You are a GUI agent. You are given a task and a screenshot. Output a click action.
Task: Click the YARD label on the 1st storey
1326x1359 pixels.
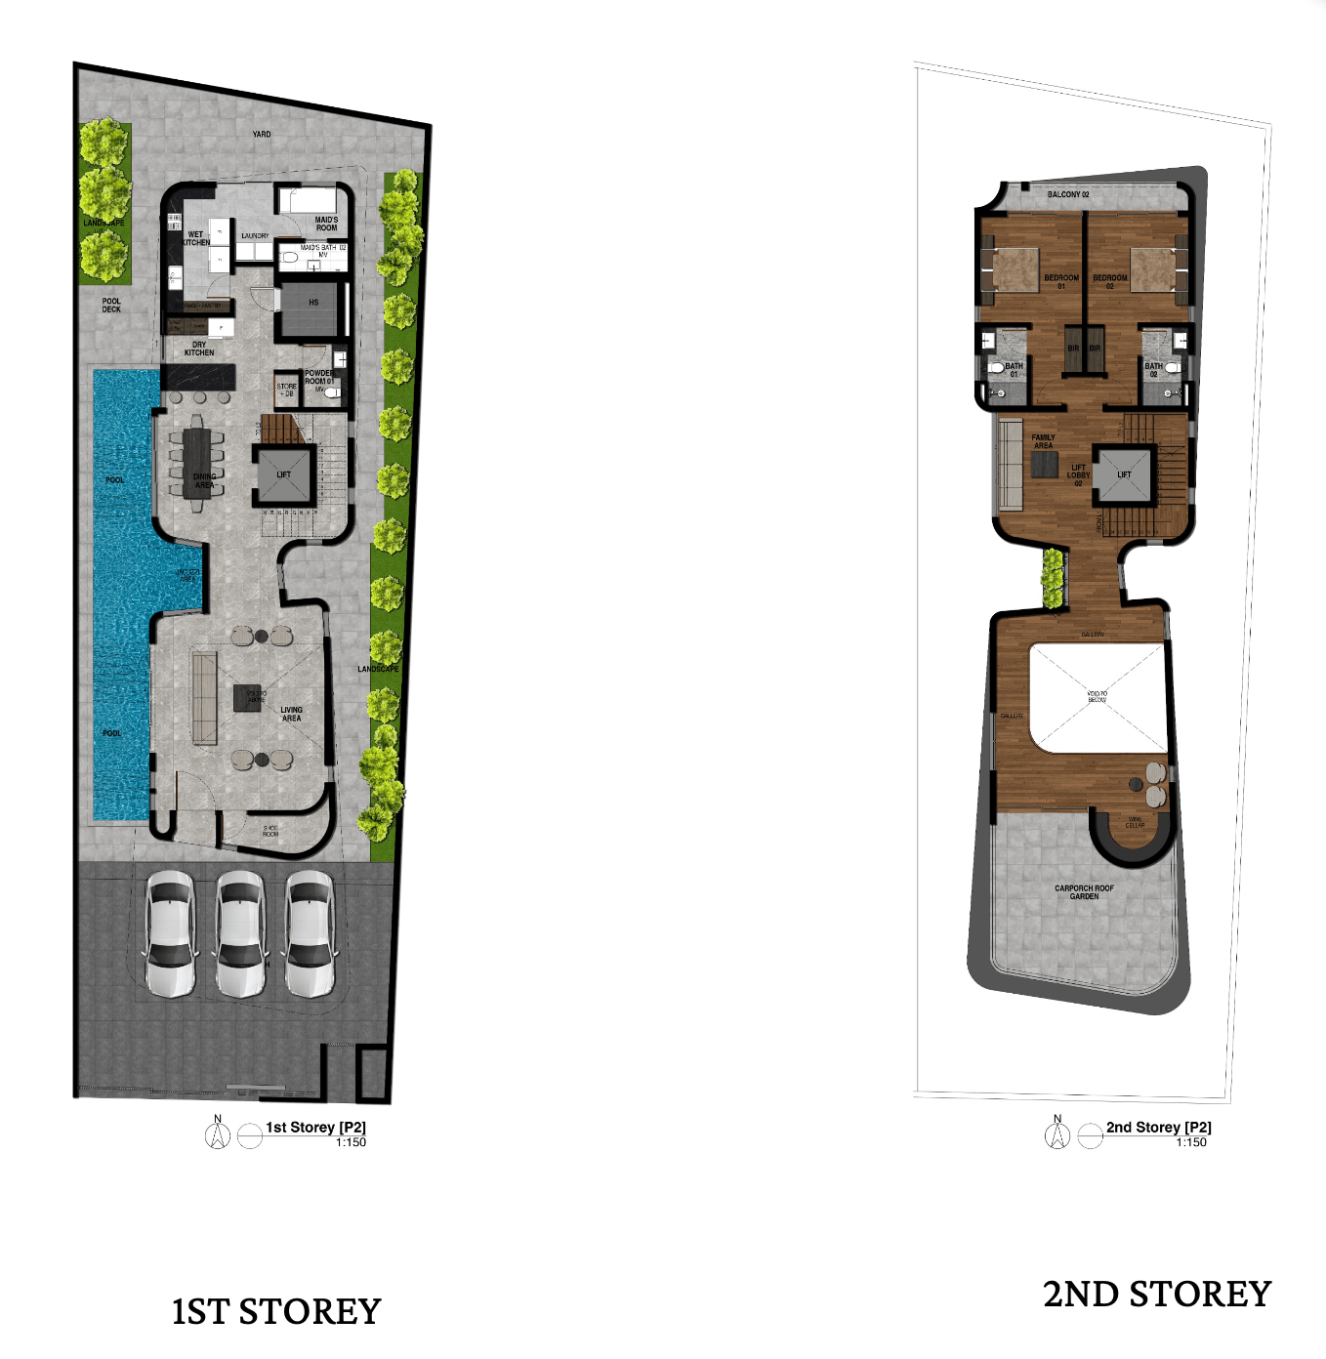click(262, 134)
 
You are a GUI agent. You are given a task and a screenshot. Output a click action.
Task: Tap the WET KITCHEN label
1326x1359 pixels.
click(196, 238)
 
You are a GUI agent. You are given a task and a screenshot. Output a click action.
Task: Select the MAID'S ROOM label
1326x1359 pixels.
click(326, 224)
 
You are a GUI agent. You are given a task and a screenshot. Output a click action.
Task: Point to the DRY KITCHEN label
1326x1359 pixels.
click(199, 349)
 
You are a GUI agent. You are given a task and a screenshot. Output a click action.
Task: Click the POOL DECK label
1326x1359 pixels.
click(111, 306)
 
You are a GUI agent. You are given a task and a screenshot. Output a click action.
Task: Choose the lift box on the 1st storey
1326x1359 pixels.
click(283, 475)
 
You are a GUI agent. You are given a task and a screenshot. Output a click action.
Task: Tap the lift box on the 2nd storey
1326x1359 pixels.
click(1124, 475)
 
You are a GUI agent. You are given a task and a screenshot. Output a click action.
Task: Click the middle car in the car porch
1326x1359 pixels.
click(240, 934)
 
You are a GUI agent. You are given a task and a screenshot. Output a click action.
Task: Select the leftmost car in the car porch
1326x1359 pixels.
click(170, 934)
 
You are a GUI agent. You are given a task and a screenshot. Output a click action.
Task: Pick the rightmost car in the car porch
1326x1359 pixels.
click(311, 934)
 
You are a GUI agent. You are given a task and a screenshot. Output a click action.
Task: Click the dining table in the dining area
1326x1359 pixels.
click(197, 464)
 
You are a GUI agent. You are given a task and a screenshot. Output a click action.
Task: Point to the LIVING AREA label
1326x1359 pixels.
click(291, 714)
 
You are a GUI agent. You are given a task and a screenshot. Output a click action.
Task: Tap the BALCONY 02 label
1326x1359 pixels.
click(1068, 194)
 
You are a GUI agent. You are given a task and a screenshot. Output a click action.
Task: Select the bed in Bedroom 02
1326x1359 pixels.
click(1152, 268)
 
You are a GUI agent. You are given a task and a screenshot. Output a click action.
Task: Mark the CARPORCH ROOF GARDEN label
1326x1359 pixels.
click(1084, 892)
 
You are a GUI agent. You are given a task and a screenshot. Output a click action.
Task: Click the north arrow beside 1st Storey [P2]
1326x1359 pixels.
click(218, 1134)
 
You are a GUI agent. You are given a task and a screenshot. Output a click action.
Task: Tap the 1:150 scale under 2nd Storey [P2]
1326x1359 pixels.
click(1191, 1142)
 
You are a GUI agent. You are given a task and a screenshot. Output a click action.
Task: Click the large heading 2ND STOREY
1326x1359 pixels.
click(1157, 1295)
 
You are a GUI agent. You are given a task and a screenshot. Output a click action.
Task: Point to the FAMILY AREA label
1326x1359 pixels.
click(1043, 441)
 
